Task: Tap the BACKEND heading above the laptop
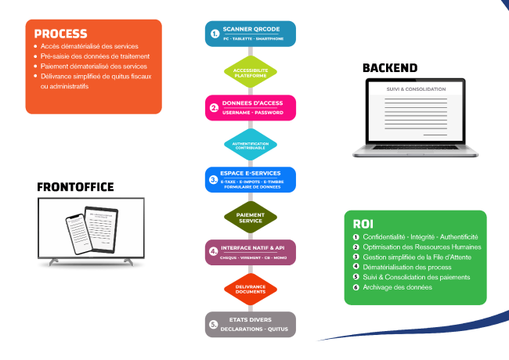tap(390, 68)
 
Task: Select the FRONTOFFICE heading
tap(75, 186)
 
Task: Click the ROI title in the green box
tap(364, 222)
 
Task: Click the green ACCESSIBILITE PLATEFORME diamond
tap(251, 71)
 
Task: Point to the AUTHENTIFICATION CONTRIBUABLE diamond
tap(251, 145)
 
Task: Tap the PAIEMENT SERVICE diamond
tap(251, 217)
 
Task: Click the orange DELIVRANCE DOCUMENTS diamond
tap(251, 288)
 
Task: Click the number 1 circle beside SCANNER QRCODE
tap(215, 34)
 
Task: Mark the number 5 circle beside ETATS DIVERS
tap(214, 324)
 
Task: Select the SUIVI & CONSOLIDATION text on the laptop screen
tap(416, 89)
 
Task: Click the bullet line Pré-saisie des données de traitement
tap(100, 56)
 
